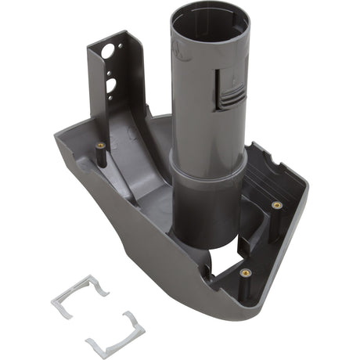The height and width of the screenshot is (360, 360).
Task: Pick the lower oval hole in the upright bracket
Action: [x=112, y=85]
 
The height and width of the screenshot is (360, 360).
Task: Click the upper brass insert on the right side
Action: [x=275, y=205]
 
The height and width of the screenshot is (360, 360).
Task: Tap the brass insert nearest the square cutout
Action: [x=245, y=273]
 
